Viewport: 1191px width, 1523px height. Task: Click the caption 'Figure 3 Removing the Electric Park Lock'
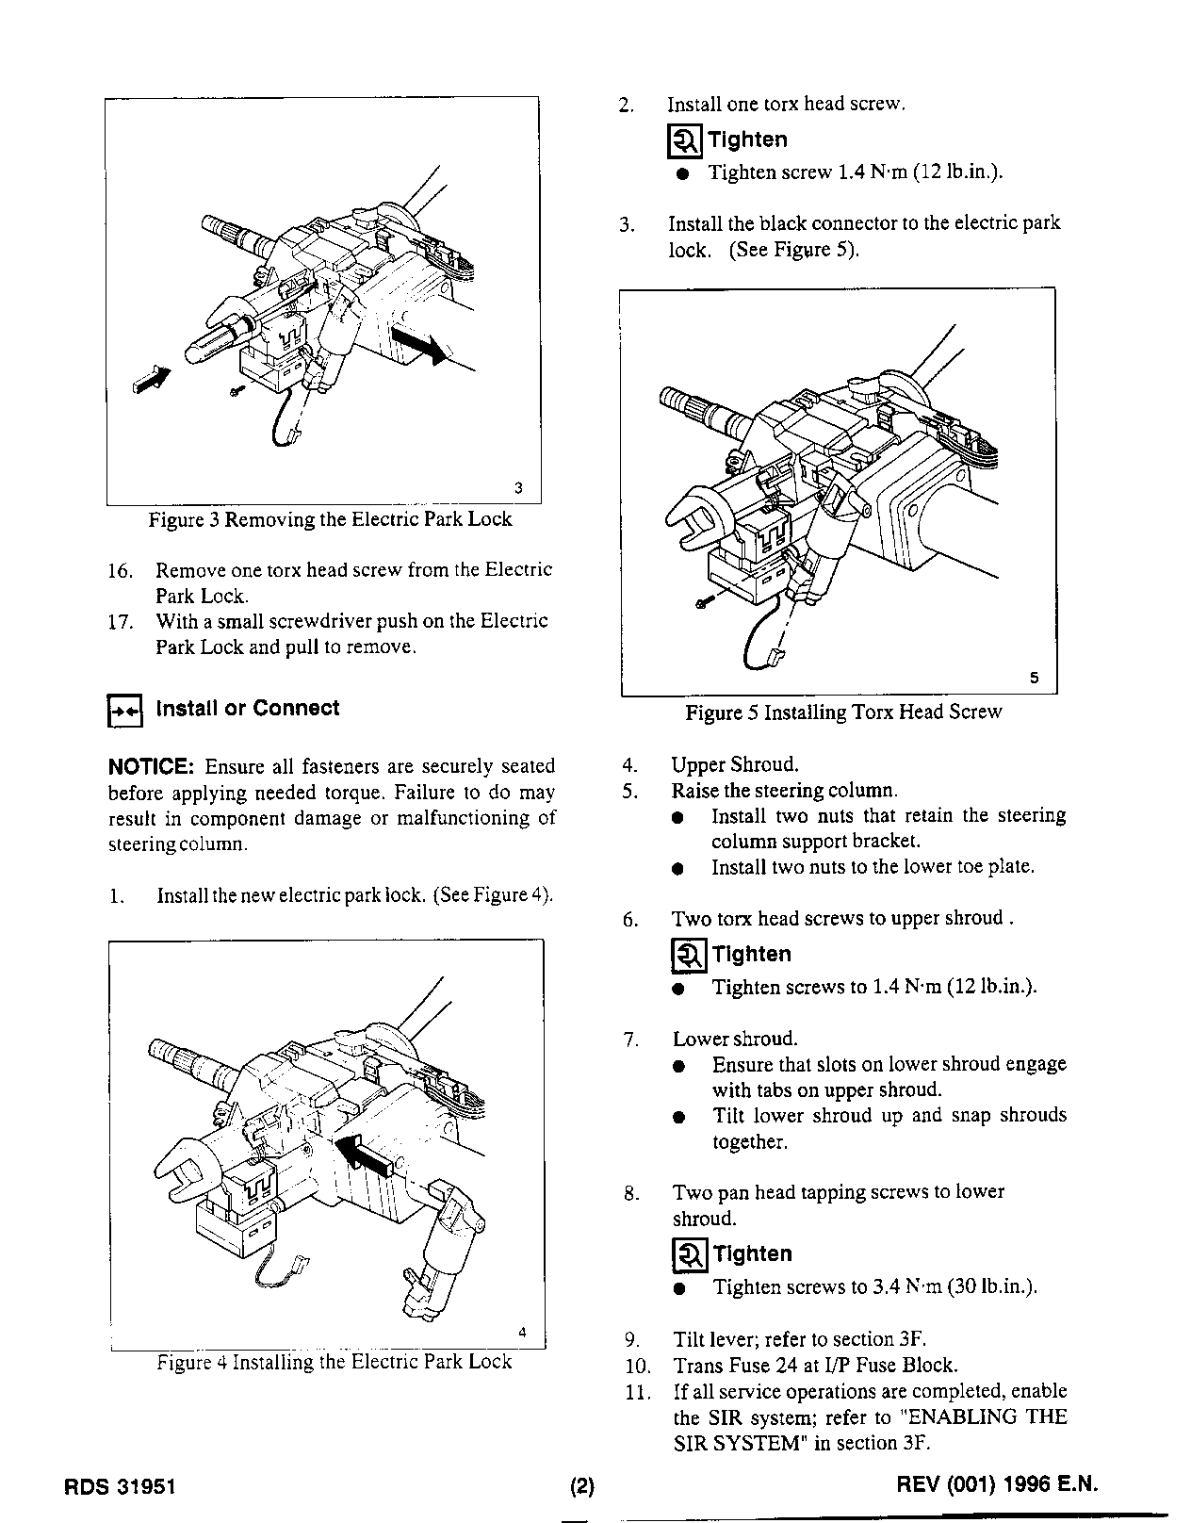[330, 519]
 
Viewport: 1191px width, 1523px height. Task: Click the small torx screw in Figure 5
[701, 601]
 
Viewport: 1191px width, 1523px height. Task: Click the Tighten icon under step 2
[684, 141]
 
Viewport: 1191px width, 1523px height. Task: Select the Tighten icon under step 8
[689, 1255]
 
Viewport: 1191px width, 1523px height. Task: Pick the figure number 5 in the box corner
[1034, 678]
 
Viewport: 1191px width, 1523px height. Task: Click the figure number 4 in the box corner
[522, 1332]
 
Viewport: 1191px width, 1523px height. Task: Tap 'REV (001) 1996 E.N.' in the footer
[999, 1485]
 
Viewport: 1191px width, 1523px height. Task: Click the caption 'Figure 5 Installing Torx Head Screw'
[843, 712]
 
